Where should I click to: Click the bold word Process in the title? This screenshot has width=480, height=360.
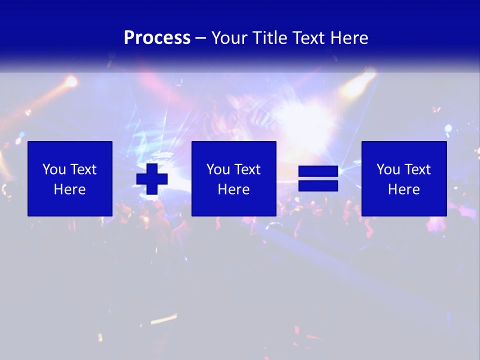(x=157, y=38)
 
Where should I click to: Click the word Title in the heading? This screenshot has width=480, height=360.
(x=270, y=38)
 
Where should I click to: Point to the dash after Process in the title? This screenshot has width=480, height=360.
(x=200, y=38)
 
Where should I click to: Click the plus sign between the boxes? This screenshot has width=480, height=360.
(x=152, y=178)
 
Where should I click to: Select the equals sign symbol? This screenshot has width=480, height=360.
(x=318, y=178)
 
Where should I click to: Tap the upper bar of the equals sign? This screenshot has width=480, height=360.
(x=318, y=171)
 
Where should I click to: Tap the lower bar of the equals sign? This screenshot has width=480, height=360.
(x=318, y=186)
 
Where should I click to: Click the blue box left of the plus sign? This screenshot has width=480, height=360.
(x=70, y=178)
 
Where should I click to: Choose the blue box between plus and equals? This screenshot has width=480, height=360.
(x=233, y=178)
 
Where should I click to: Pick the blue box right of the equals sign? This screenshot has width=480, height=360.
(x=403, y=178)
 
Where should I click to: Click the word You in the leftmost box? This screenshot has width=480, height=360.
(x=54, y=169)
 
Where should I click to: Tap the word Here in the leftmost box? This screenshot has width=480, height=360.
(x=70, y=189)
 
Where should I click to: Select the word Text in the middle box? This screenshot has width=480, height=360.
(x=247, y=169)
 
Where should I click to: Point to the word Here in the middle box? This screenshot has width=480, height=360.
(x=233, y=189)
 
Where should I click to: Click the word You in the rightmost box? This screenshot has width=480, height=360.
(x=388, y=169)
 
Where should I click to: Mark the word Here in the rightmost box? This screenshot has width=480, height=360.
(x=403, y=189)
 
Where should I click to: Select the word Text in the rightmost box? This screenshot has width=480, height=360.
(x=417, y=169)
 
